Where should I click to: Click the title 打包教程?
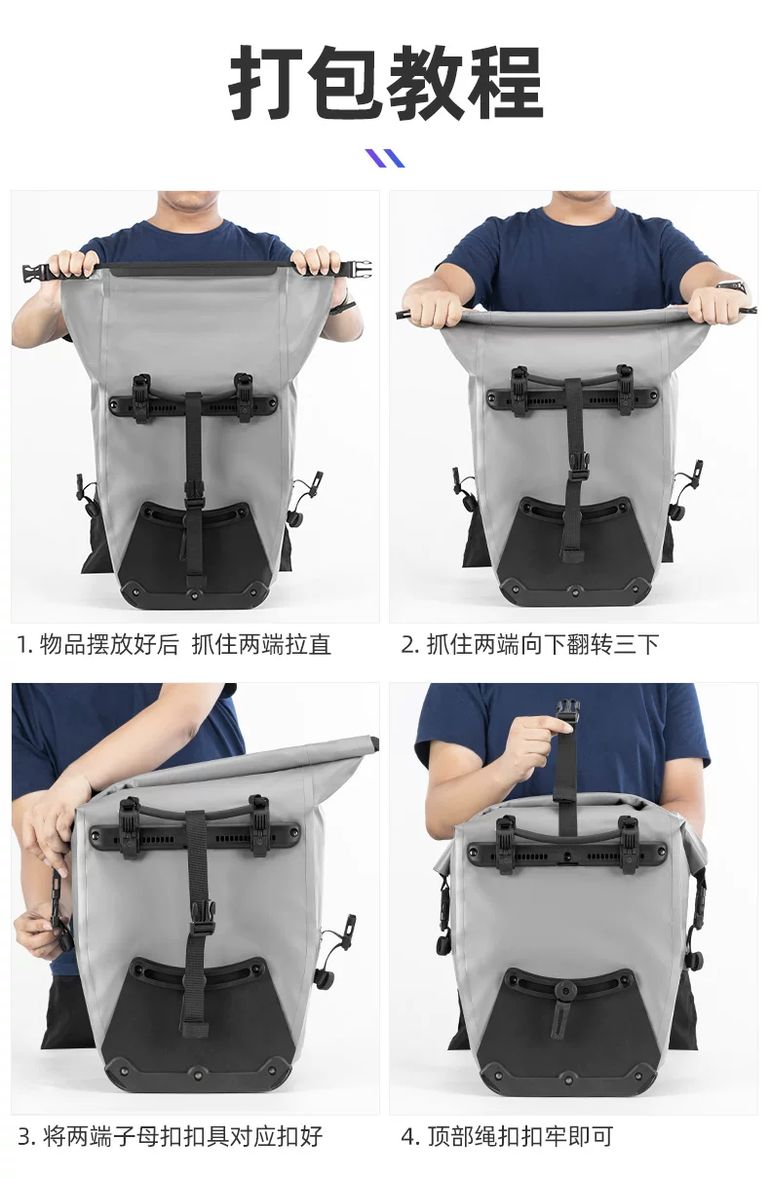(386, 83)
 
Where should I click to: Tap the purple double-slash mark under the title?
(385, 158)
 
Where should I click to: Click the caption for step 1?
(174, 644)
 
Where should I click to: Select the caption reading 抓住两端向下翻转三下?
(530, 644)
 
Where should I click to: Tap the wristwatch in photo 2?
(734, 287)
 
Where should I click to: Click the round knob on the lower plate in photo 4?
(567, 992)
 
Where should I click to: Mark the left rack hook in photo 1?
(141, 397)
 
